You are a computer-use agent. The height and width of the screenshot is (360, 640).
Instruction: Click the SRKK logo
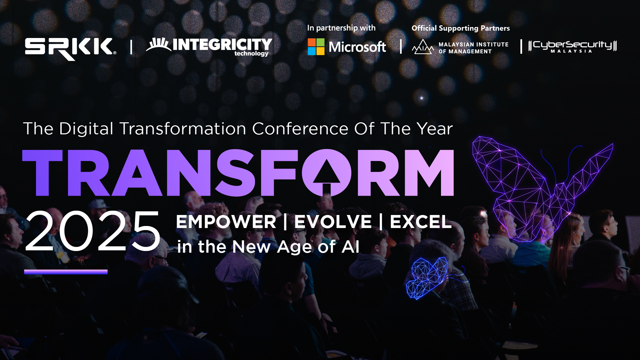[70, 49]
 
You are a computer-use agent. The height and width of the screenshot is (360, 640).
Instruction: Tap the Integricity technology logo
[209, 47]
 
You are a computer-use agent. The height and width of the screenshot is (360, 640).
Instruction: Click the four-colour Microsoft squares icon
[316, 47]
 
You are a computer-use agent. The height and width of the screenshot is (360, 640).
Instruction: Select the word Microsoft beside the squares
[357, 47]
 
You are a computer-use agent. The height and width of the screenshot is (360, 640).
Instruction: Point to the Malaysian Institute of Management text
[473, 48]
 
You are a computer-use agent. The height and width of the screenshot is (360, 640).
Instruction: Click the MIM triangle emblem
[423, 47]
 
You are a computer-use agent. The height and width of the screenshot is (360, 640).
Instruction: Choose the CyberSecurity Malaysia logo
[572, 46]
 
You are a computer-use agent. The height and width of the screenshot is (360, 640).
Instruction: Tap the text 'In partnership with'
[341, 28]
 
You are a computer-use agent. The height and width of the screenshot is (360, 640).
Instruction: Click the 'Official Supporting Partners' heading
[461, 28]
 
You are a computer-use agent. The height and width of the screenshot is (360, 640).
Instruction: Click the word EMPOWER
[226, 222]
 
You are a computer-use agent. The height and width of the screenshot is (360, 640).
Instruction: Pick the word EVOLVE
[333, 222]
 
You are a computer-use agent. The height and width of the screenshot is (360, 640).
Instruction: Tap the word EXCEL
[421, 222]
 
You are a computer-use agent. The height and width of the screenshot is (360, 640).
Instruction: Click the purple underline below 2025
[66, 272]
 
